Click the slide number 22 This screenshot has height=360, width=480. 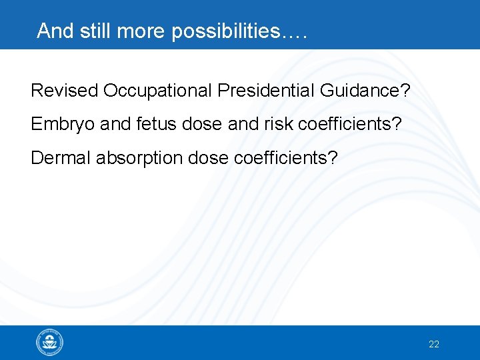click(434, 345)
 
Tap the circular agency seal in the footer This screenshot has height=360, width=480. click(49, 343)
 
